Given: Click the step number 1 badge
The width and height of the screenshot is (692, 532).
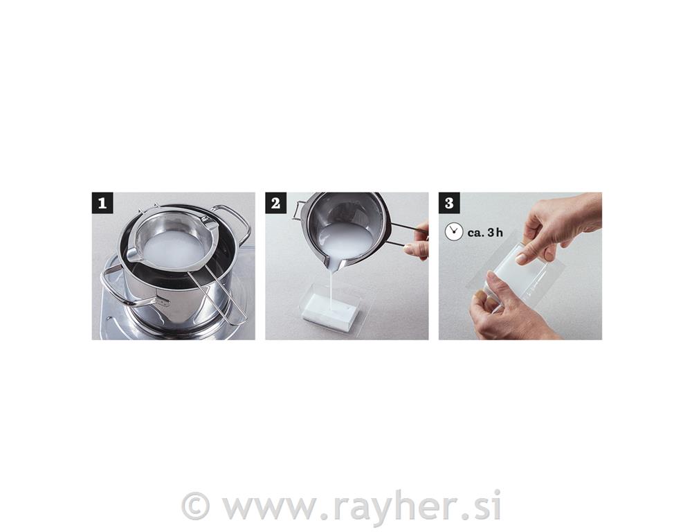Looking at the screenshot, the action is [x=102, y=203].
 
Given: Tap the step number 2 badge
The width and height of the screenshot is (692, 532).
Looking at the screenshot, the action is [x=276, y=203].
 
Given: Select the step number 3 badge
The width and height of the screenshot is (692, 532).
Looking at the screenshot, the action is [x=449, y=203].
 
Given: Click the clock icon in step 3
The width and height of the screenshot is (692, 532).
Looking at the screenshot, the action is [x=454, y=232].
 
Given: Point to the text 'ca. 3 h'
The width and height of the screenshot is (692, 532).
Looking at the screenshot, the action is [x=485, y=233].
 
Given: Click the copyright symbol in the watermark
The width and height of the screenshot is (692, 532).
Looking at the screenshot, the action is [x=194, y=506].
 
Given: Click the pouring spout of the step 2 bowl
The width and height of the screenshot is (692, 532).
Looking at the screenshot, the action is [x=334, y=263].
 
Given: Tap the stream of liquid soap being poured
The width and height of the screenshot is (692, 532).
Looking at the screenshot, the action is [x=330, y=287].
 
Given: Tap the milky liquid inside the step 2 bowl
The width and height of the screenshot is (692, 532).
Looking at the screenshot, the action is [x=344, y=238].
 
